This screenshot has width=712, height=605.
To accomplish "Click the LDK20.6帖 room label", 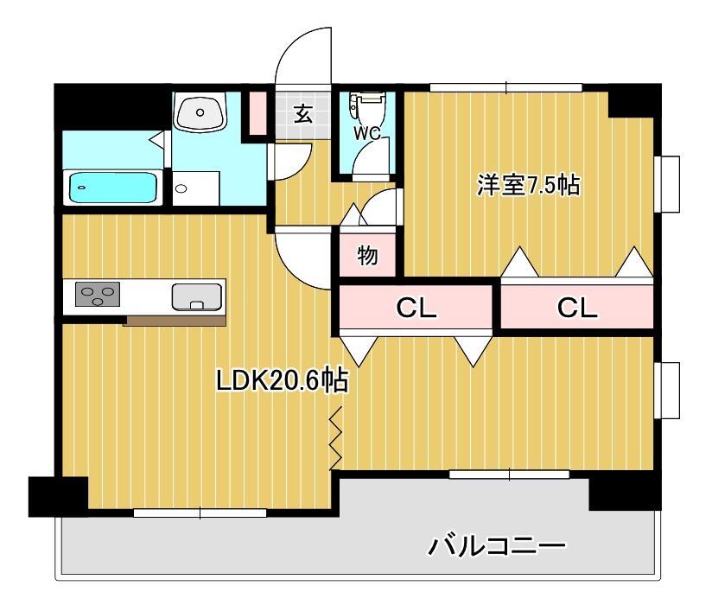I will coord(282,381).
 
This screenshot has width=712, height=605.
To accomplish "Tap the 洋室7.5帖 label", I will coord(528,186).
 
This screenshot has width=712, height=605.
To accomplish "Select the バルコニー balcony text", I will coord(497,546).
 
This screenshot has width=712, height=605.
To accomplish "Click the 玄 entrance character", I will coord(302,114).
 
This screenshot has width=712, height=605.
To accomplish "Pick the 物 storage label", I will coord(367,256).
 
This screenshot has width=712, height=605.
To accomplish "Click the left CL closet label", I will coord(416,308).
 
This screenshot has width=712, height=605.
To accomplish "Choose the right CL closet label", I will coord(576,308).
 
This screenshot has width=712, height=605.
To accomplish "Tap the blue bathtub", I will coord(112,187).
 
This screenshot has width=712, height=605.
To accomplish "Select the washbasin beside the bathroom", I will coord(200,112).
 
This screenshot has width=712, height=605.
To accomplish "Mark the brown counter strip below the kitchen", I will coord(175,321).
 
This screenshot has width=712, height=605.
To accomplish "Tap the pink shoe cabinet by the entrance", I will coord(257,111).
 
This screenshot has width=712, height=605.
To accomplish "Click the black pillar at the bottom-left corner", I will coord(57,495).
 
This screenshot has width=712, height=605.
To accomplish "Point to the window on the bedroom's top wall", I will coord(505,86).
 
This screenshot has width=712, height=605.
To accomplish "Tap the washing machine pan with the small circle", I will coord(195,188).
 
